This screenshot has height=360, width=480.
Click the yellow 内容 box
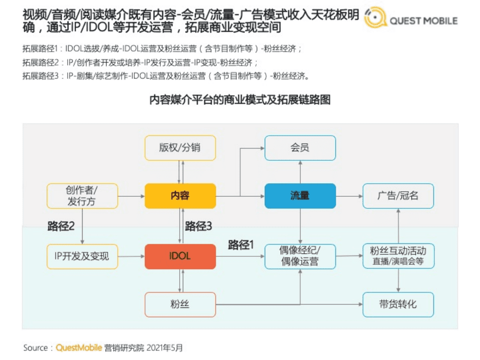180,196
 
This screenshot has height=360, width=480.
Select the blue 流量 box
300,196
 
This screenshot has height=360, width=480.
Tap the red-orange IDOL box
180,256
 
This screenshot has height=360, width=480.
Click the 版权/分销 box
180,148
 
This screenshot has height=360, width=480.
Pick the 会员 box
300,148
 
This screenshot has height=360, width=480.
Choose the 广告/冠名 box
398,196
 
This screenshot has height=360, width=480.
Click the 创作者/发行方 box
82,196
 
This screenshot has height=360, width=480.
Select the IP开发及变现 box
82,256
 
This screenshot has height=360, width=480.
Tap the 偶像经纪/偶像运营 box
300,256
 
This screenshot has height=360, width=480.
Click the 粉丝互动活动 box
398,256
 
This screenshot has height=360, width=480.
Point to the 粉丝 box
180,304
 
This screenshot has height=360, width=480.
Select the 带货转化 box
398,304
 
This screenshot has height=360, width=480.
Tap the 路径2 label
61,226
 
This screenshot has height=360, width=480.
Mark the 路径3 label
199,226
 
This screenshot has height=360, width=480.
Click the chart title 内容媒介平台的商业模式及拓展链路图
240,99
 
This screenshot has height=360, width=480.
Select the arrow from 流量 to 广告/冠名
349,196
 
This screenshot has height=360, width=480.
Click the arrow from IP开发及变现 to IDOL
131,256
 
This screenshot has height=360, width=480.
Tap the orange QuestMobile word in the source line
79,347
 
